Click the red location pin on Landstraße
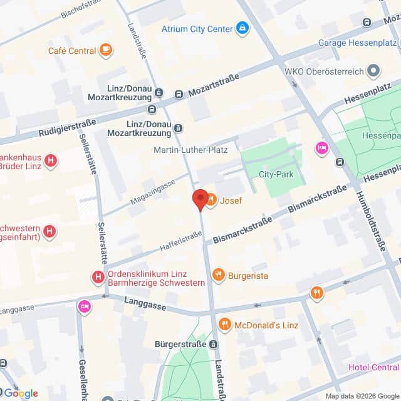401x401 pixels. [200, 199]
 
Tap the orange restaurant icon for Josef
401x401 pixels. [211, 200]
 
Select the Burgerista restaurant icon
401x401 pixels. [218, 274]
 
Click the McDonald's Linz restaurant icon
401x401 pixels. [225, 325]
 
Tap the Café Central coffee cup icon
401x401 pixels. [106, 50]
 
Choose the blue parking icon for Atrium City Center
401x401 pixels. [242, 28]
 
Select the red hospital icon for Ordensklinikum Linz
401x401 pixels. [98, 276]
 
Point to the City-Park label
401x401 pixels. [276, 175]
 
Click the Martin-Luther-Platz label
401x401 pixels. [190, 150]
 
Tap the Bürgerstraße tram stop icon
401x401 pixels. [214, 344]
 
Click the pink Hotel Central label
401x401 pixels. [374, 367]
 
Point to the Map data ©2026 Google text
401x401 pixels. [362, 395]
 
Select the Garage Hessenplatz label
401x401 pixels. [357, 43]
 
